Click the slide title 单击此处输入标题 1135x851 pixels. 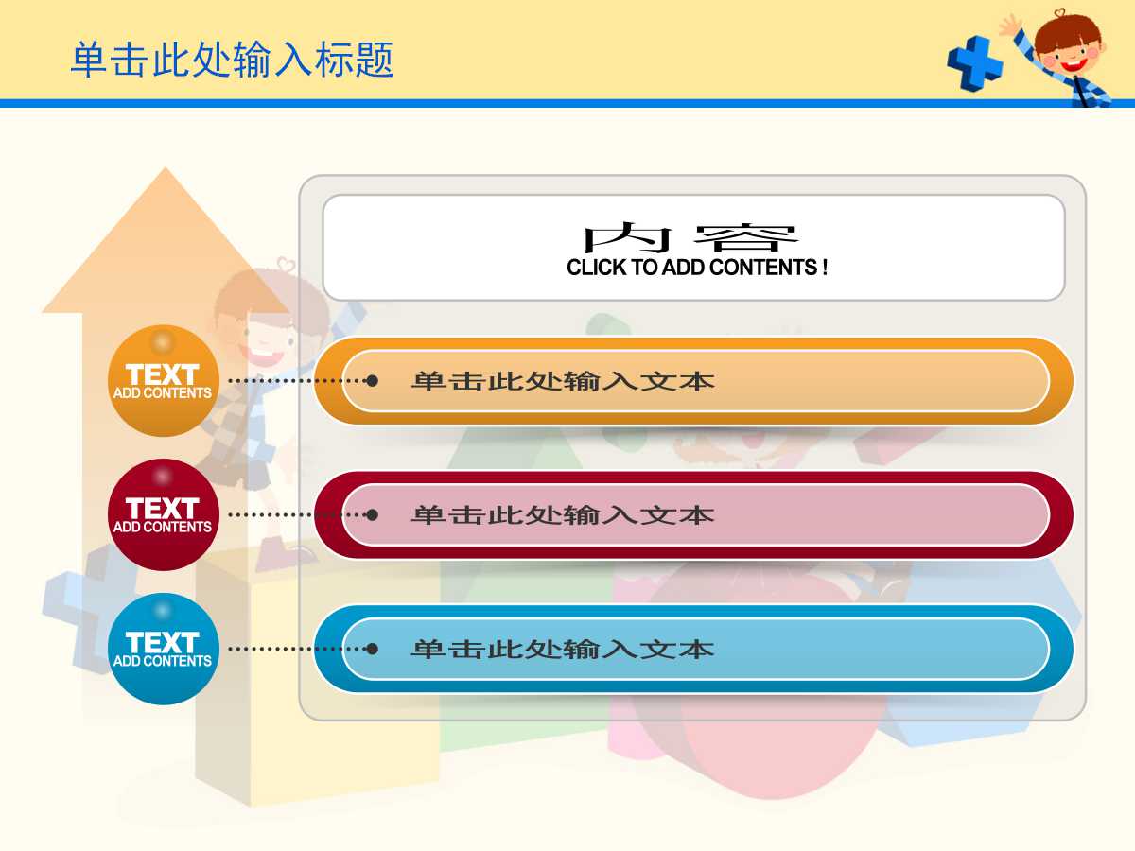coord(232,61)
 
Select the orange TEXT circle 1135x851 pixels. coord(163,381)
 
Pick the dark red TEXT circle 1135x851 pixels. coord(163,515)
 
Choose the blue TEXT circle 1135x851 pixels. coord(163,650)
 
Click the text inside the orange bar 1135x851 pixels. coord(562,381)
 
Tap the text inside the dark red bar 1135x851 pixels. coord(562,515)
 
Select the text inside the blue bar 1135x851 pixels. coord(562,650)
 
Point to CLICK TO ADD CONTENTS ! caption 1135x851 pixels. coord(697,268)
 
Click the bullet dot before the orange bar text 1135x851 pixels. coord(373,380)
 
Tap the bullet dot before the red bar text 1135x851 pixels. coord(373,514)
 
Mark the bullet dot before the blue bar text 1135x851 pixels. coord(373,649)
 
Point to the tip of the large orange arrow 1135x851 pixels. coord(166,172)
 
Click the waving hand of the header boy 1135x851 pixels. coord(1011,25)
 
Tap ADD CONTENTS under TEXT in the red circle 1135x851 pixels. coord(163,528)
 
